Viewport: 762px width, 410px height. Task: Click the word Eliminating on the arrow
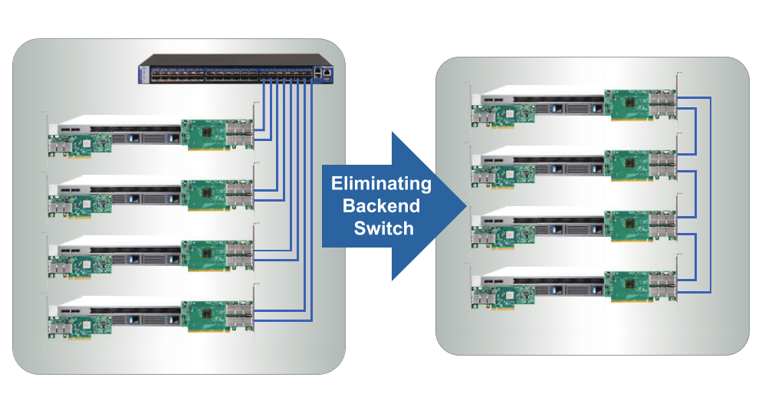[381, 184]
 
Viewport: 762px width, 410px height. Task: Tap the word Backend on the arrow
[381, 205]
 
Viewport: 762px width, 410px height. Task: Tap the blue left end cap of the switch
[143, 74]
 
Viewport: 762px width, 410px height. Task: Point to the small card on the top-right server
[501, 113]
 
